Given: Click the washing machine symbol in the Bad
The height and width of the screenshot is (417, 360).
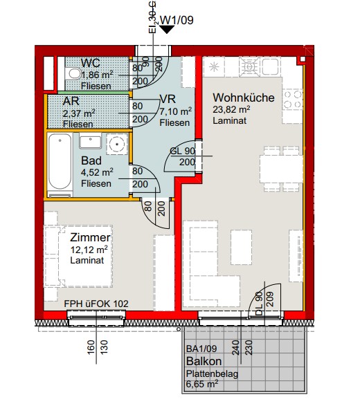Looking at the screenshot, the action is pos(116,144).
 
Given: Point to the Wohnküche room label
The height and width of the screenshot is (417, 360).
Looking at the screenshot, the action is pos(244,98).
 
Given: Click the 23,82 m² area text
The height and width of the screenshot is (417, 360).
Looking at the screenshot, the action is pos(231,109).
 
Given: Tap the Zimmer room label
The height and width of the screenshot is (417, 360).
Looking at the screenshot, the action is pos(90,237).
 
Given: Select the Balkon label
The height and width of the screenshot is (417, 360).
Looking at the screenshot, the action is pos(204,361).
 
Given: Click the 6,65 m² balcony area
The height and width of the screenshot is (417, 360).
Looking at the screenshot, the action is pos(202,384).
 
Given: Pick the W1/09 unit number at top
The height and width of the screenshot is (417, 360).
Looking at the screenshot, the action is pos(177,20).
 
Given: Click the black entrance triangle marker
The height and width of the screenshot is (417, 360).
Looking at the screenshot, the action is pos(167,29).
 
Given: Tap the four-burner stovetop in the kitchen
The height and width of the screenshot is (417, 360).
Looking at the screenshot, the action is pos(292,99).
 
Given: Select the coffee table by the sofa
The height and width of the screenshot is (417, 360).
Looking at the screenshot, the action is pos(241,248).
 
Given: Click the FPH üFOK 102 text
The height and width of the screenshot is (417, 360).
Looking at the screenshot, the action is pos(96,304).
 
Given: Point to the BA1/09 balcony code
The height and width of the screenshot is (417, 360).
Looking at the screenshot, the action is pos(201,349).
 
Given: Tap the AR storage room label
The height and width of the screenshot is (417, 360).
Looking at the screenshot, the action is pos(71,101).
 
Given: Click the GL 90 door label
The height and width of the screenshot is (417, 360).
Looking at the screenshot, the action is pos(182,151).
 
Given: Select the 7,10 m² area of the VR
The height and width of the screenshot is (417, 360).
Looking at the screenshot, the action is pos(175,111).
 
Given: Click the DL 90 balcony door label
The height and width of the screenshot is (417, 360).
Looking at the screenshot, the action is pos(259,304).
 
